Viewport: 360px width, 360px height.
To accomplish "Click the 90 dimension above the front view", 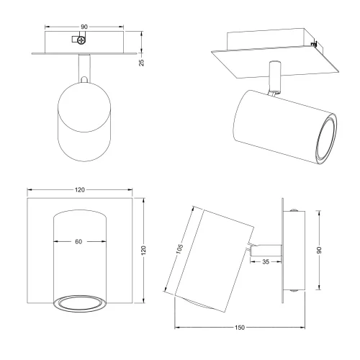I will [x=84, y=27].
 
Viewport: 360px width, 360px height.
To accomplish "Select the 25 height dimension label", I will [x=143, y=62].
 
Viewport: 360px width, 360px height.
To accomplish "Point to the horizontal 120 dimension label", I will [x=80, y=189].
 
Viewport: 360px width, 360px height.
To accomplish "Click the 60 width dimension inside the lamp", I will [x=78, y=242].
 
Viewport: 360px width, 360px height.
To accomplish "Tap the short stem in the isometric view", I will [x=274, y=78].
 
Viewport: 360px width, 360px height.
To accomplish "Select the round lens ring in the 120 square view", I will [x=79, y=303].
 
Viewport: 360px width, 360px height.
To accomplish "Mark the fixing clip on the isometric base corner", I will [x=314, y=45].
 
